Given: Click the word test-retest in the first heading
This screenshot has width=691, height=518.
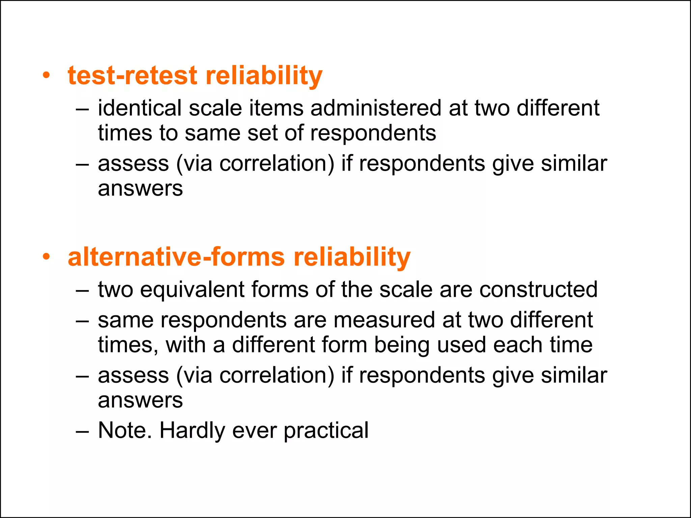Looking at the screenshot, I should point(132,76).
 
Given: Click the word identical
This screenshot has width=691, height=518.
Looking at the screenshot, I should point(139,108).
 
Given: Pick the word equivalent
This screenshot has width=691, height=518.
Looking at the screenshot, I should point(192,290).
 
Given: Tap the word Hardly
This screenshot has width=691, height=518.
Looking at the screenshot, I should point(192,430).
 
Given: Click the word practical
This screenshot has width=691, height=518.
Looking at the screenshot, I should point(326,431).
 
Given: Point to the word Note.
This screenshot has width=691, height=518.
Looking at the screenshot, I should point(125,430).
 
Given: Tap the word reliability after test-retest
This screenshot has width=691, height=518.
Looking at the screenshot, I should point(264,76).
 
